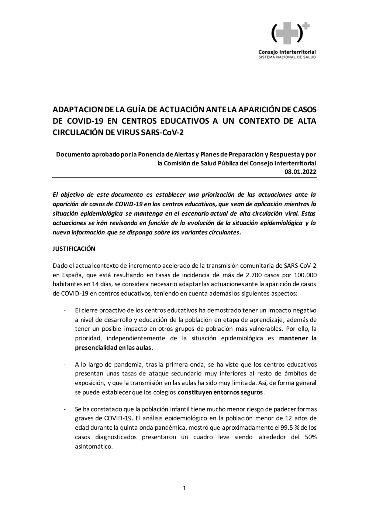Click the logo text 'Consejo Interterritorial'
[x=287, y=52]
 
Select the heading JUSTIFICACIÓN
[x=74, y=249]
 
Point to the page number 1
[x=184, y=489]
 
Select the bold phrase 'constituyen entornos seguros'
[x=220, y=392]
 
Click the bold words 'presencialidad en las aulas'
[x=113, y=348]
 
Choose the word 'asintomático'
[x=93, y=446]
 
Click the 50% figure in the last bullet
[x=309, y=437]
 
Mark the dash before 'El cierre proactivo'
[x=65, y=310]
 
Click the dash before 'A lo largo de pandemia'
[x=65, y=364]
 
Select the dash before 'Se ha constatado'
[x=65, y=409]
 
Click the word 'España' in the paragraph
[x=72, y=275]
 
